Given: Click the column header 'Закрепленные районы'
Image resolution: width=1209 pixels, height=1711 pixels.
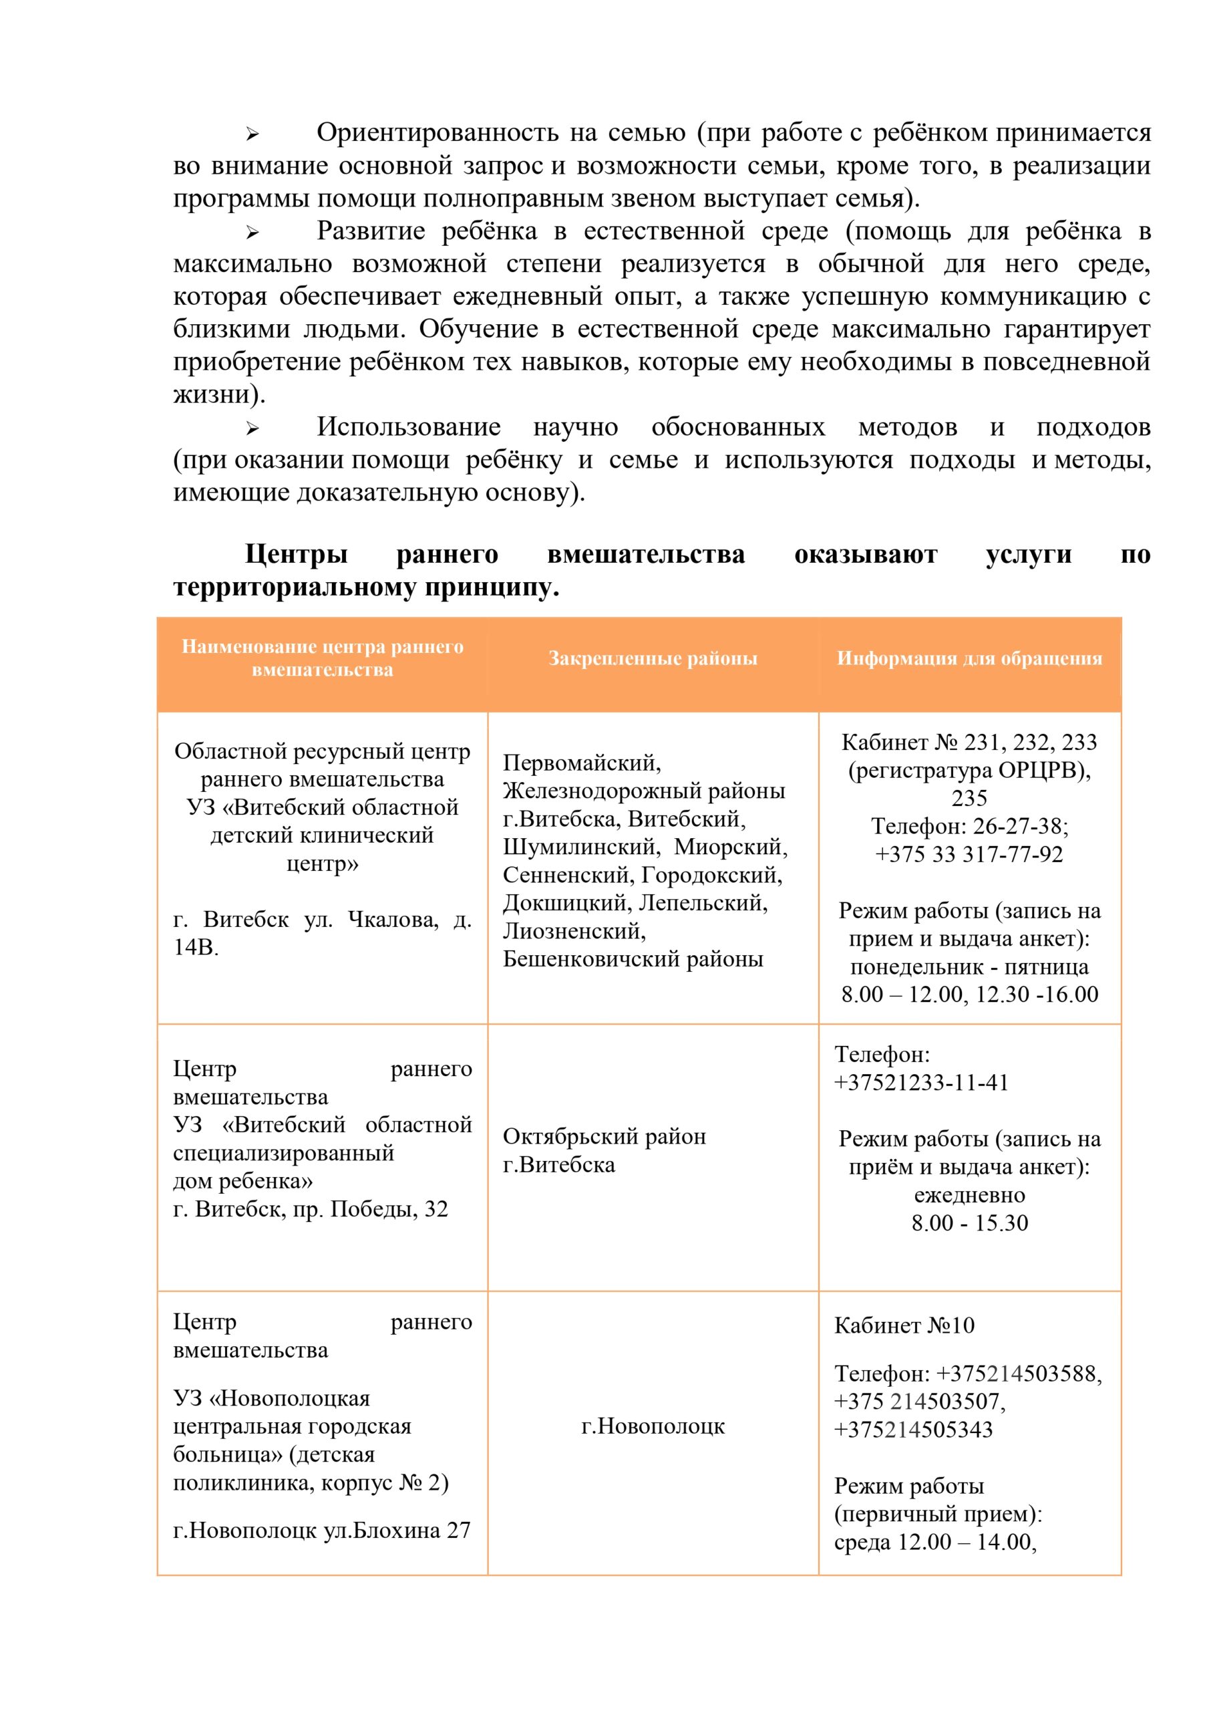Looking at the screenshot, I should (653, 658).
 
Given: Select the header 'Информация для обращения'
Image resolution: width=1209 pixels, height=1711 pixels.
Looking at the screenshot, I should (969, 658).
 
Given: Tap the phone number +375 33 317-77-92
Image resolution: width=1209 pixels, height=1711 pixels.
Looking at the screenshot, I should (969, 854).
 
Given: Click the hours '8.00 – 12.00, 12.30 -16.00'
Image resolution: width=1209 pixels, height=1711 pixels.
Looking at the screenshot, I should (969, 994).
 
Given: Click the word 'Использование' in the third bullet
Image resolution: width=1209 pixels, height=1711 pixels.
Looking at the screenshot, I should (408, 427).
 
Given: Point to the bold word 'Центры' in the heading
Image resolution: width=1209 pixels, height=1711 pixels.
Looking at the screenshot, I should (297, 555).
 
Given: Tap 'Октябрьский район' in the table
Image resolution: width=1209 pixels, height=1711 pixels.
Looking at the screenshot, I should (604, 1136).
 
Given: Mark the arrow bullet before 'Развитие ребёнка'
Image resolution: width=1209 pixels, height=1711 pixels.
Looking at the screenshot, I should (252, 233).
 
